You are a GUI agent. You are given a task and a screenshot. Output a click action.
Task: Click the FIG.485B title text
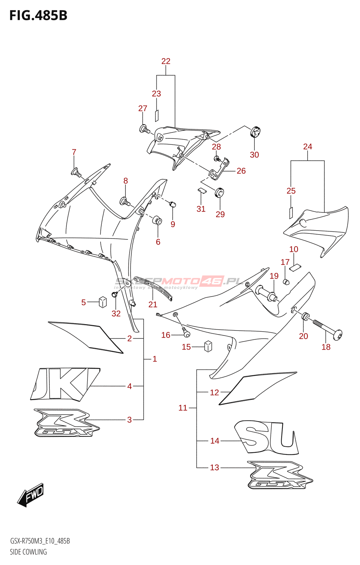[x=38, y=16]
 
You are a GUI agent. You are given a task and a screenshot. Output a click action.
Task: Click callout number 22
[x=166, y=61]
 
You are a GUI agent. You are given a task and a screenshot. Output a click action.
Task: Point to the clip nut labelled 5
[x=102, y=302]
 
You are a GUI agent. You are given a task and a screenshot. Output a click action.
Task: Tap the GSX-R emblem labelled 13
[x=280, y=475]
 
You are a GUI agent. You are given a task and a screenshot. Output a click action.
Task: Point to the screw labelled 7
[x=76, y=173]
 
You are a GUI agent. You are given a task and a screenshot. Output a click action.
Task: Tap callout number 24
[x=307, y=147]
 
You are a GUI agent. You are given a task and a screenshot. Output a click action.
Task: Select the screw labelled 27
[x=144, y=129]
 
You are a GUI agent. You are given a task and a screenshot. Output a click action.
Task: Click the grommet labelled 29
[x=220, y=193]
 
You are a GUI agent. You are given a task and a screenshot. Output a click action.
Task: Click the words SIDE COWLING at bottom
[x=28, y=552]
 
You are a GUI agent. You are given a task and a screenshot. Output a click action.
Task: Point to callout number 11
[x=183, y=408]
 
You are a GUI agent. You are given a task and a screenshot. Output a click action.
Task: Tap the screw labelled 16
[x=186, y=333]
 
